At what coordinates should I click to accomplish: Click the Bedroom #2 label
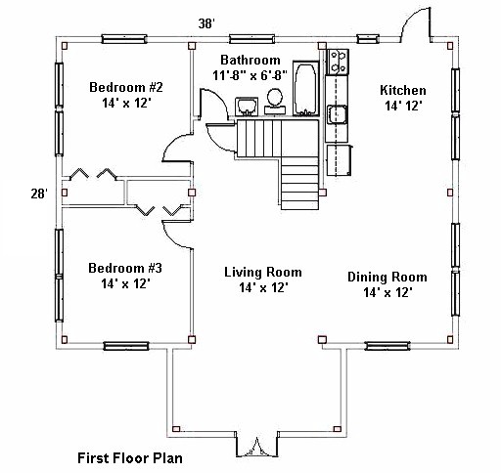tap(126, 87)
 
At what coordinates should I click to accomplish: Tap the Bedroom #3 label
tap(125, 268)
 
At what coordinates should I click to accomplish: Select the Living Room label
tap(263, 272)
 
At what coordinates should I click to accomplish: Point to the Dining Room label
tap(387, 277)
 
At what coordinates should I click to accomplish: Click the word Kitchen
tap(403, 90)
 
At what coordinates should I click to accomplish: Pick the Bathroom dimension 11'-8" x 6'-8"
tap(250, 75)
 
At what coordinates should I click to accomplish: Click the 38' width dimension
tap(206, 23)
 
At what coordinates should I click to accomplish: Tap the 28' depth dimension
tap(39, 193)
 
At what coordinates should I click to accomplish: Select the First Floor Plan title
tap(130, 458)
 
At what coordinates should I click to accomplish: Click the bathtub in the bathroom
tap(306, 88)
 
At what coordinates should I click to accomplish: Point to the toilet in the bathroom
tap(275, 102)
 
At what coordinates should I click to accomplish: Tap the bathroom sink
tap(247, 107)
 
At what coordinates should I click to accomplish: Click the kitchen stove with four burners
tap(338, 62)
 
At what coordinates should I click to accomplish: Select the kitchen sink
tap(338, 114)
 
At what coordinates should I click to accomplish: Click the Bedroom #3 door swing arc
tap(173, 237)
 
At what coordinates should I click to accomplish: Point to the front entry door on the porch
tap(257, 448)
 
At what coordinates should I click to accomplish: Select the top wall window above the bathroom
tap(251, 39)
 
